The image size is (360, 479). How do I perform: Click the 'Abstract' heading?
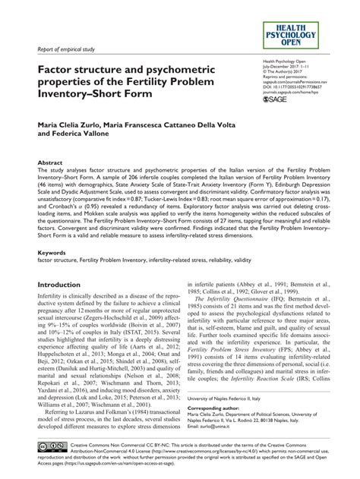pos(49,184)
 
